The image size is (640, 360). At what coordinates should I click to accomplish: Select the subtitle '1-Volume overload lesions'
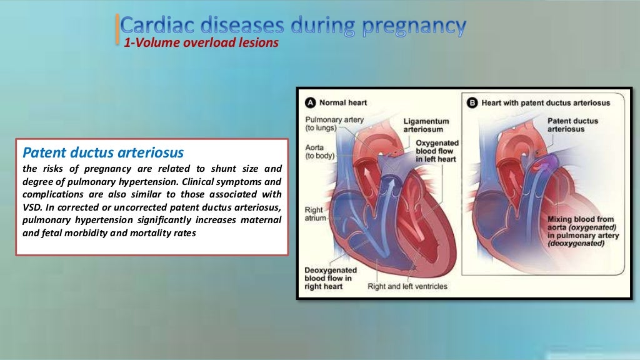201,43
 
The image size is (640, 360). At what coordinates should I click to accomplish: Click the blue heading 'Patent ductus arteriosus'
103,152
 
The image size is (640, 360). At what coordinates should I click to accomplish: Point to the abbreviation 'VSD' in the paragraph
33,209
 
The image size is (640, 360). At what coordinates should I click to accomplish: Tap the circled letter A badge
309,102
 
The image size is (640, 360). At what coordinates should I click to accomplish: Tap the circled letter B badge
471,102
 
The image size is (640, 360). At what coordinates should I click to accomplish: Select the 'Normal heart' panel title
343,102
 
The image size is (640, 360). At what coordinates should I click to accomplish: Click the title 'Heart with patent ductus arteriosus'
546,102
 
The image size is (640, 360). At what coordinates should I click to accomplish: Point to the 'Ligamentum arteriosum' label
426,125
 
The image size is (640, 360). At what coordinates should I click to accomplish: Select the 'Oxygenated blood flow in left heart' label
437,151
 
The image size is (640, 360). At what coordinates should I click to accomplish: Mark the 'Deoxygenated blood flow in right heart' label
329,278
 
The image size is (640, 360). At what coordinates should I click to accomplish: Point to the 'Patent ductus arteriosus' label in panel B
572,125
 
